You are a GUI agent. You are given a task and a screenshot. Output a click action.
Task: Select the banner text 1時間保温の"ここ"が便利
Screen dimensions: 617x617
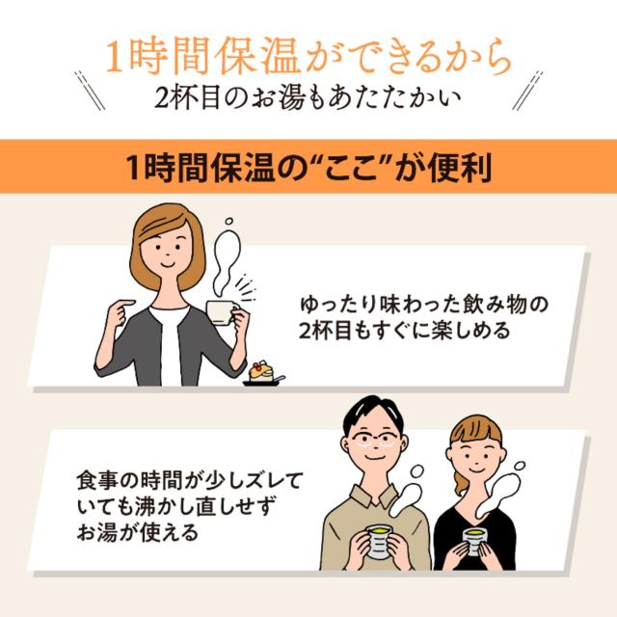308,166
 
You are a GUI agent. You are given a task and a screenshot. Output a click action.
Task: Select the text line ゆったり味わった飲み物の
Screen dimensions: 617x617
424,306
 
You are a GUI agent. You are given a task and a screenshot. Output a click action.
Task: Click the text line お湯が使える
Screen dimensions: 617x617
134,530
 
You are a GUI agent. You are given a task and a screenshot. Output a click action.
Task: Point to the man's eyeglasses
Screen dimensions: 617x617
372,439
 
